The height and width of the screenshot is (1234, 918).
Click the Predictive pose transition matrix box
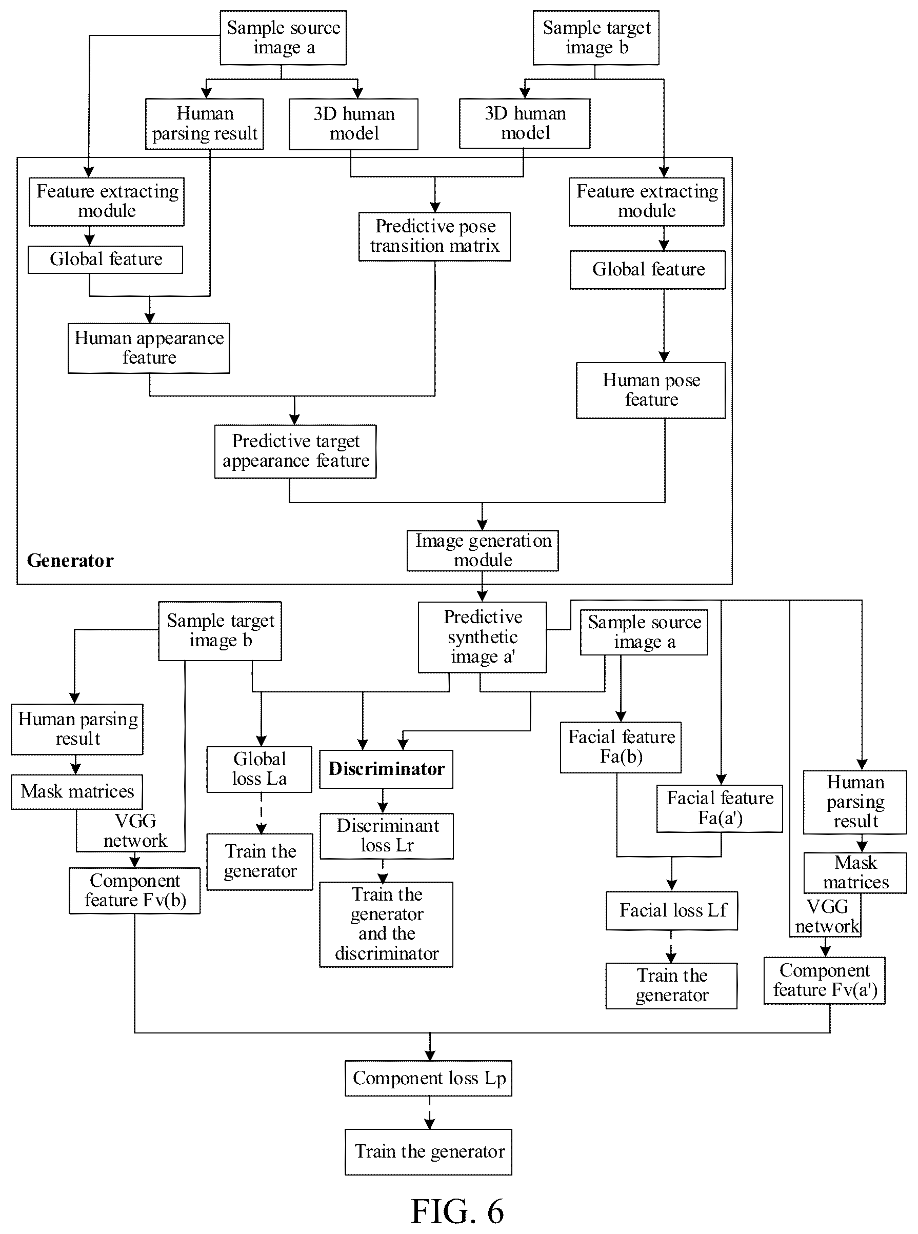point(434,236)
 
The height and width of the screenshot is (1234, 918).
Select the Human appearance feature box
point(149,348)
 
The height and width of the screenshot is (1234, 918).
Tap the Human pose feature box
point(651,390)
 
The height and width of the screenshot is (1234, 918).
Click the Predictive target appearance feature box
point(295,451)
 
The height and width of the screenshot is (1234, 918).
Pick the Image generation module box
point(483,550)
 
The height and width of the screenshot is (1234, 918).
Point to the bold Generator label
point(70,560)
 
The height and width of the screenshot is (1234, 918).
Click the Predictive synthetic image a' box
point(483,638)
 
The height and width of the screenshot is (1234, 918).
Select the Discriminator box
point(386,769)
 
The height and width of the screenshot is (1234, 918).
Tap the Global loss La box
point(260,769)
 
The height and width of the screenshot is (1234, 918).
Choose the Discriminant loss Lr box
point(387,835)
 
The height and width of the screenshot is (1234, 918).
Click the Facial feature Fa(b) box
point(621,747)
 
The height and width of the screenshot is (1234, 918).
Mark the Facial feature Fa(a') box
point(720,808)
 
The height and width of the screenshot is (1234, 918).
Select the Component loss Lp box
point(428,1078)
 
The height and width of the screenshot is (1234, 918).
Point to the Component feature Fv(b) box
point(134,890)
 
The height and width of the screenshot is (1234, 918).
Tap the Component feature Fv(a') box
point(825,980)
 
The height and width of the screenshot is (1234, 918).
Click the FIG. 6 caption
point(457,1211)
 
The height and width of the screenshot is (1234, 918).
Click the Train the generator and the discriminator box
point(386,925)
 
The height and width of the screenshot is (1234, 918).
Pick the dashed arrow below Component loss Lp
point(430,1112)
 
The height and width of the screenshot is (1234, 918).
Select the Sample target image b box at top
point(596,38)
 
